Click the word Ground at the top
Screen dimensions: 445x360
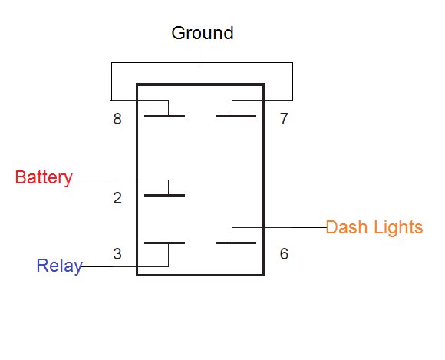203,33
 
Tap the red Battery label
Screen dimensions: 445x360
44,178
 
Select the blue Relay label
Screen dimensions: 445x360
59,266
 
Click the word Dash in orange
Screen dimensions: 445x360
346,227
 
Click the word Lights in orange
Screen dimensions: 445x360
398,228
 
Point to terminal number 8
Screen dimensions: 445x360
117,119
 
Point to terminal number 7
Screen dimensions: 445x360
284,119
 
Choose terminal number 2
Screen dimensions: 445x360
117,198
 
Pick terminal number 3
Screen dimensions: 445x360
117,254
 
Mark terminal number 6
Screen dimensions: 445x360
284,254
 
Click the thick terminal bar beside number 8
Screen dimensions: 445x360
165,116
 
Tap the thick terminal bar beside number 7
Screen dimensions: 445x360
236,116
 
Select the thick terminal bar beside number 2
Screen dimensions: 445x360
165,195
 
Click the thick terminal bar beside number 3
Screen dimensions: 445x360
165,243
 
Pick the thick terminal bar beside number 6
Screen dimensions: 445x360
236,243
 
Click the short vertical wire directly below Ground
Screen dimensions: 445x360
199,51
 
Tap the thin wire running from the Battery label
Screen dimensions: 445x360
119,180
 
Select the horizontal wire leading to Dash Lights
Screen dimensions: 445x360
279,227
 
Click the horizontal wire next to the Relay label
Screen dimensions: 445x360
125,266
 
